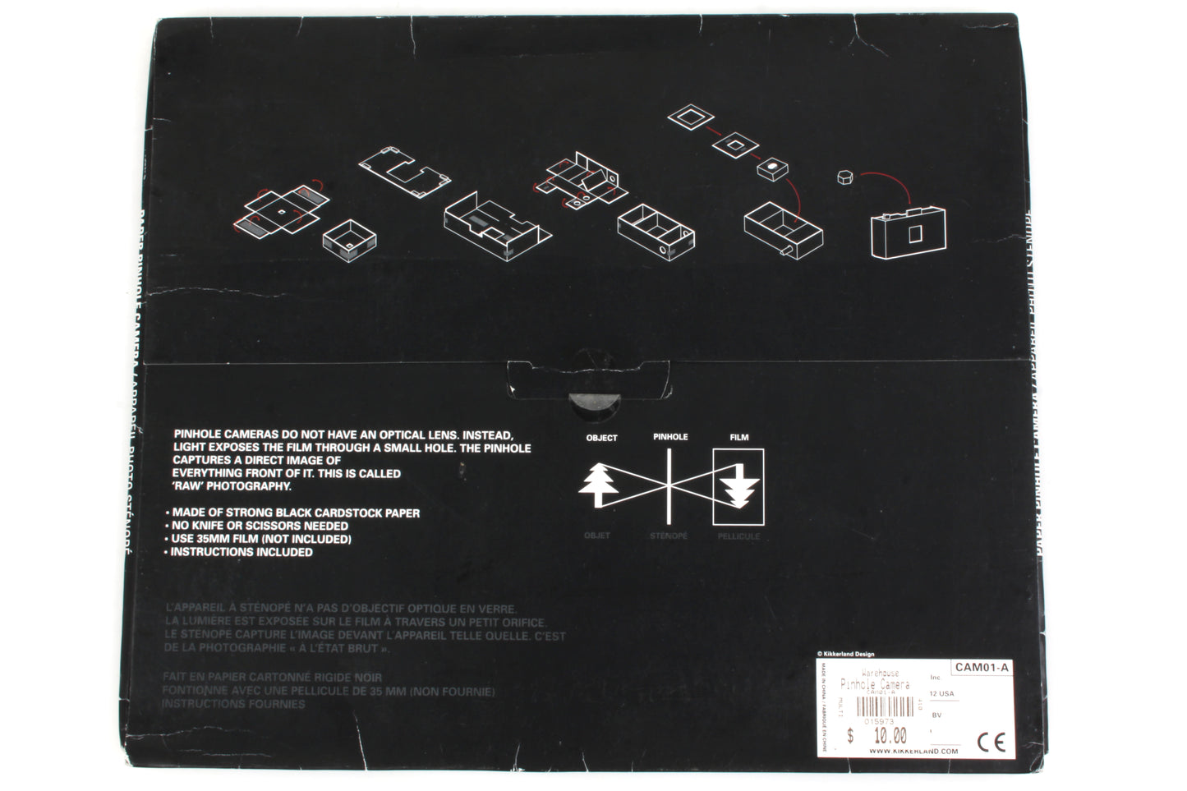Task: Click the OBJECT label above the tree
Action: (x=601, y=438)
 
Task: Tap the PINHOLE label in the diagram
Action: (x=670, y=437)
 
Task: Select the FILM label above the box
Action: (x=739, y=438)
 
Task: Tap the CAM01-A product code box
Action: (x=982, y=668)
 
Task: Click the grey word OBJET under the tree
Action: (x=597, y=536)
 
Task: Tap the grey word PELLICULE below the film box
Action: (x=738, y=536)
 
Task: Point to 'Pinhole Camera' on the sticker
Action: (x=876, y=683)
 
